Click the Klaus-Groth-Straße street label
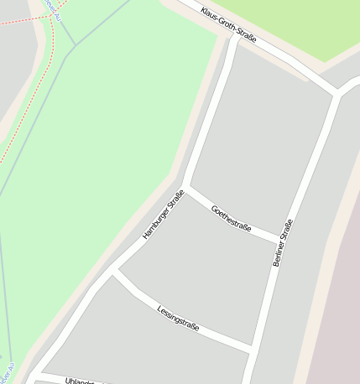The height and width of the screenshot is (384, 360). coord(228,25)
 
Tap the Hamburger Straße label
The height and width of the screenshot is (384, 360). coord(164,216)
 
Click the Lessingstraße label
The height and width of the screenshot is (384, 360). coord(178,318)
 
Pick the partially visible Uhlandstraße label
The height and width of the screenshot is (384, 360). coord(81,381)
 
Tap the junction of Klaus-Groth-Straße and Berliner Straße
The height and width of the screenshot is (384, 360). coord(337,93)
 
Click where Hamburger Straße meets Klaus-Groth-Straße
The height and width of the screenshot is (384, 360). coord(234,36)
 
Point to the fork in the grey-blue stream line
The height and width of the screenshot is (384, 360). coord(73,46)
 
